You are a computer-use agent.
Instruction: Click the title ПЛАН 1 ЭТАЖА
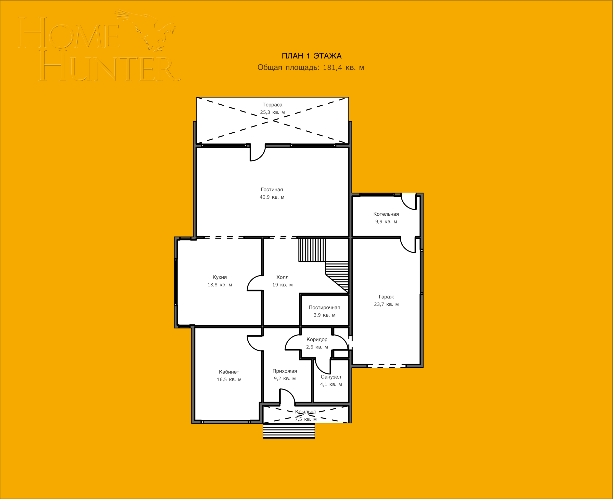[311, 56]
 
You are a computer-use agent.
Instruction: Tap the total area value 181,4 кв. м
[343, 68]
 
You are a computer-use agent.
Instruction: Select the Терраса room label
[272, 105]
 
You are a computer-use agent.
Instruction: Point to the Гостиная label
[272, 189]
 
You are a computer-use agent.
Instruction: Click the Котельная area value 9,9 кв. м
[386, 222]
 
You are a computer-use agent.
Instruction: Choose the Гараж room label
[386, 297]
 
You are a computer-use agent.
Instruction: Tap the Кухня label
[219, 277]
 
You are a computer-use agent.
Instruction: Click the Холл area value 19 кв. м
[282, 285]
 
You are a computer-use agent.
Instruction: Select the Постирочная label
[324, 307]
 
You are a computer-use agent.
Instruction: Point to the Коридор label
[317, 339]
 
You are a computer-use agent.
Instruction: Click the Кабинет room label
[229, 372]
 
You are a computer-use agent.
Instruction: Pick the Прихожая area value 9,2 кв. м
[285, 379]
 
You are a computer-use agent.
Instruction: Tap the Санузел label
[331, 377]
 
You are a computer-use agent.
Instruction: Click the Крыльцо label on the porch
[306, 412]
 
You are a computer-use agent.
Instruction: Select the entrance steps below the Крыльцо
[289, 430]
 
